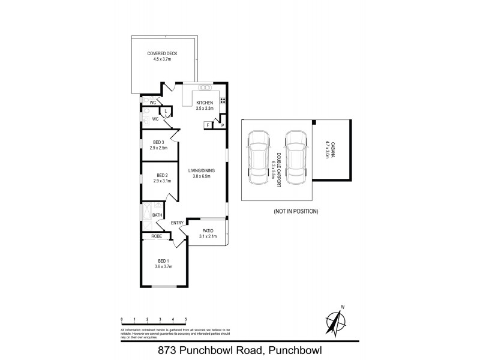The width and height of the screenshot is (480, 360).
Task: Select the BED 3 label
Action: click(159, 142)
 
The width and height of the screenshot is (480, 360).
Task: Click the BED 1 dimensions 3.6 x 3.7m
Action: click(163, 265)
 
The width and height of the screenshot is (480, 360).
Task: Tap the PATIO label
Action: click(207, 230)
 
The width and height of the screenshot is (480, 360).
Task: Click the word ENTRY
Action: click(177, 224)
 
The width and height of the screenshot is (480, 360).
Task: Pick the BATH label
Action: click(157, 215)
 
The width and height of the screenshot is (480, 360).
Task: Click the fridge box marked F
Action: click(209, 125)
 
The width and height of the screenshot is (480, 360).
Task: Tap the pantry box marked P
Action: click(221, 125)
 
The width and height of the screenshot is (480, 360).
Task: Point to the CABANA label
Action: click(328, 149)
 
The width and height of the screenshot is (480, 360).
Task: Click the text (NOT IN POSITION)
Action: click(296, 211)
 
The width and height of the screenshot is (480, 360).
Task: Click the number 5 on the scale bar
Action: click(186, 319)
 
